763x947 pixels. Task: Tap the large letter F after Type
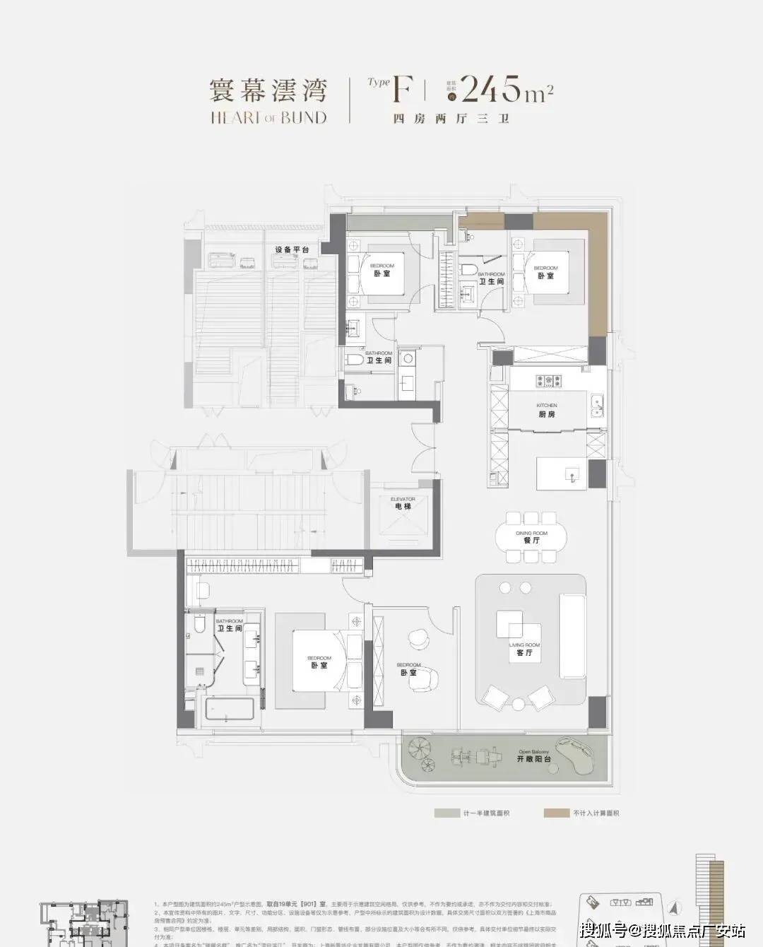click(401, 90)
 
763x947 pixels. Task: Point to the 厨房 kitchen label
click(546, 413)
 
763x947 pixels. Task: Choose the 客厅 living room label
click(524, 653)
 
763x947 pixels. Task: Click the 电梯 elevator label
click(403, 507)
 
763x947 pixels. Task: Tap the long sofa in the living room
click(572, 635)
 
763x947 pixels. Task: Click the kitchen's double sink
click(597, 406)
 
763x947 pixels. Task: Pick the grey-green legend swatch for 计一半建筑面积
click(446, 813)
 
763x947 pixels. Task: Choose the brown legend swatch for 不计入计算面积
click(555, 813)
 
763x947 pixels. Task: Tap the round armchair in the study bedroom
click(418, 637)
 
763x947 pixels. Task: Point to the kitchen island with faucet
click(562, 474)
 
